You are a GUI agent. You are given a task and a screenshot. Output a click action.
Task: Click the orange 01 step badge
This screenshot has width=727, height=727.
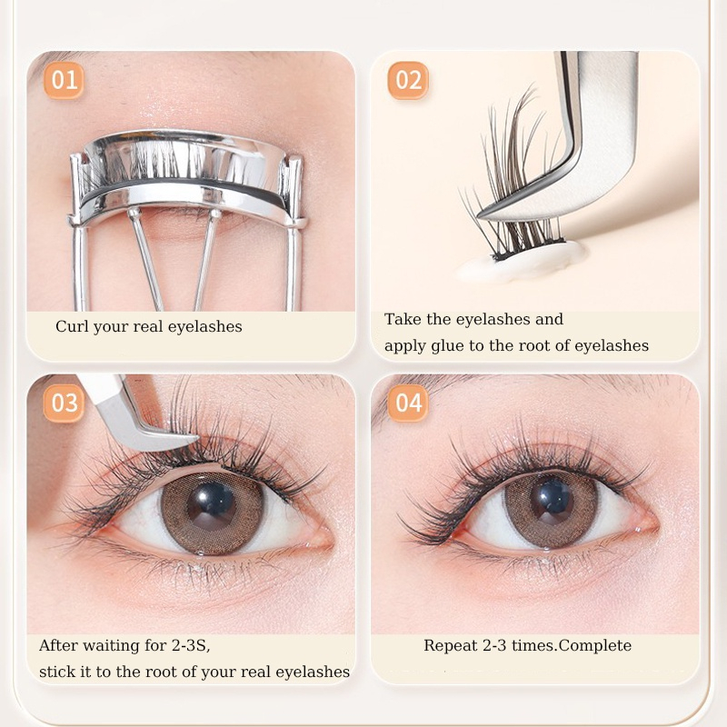(64, 80)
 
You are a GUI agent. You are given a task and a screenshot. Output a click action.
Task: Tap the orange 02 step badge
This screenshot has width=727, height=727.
(408, 80)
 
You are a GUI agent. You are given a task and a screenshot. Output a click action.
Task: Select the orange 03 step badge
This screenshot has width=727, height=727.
(64, 403)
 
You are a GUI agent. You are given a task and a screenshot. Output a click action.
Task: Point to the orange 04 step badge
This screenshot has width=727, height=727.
(408, 403)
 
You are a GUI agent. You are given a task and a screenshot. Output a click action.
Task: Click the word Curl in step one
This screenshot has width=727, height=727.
(72, 326)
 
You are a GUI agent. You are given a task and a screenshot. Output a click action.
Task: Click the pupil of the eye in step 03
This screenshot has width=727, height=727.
(211, 507)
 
